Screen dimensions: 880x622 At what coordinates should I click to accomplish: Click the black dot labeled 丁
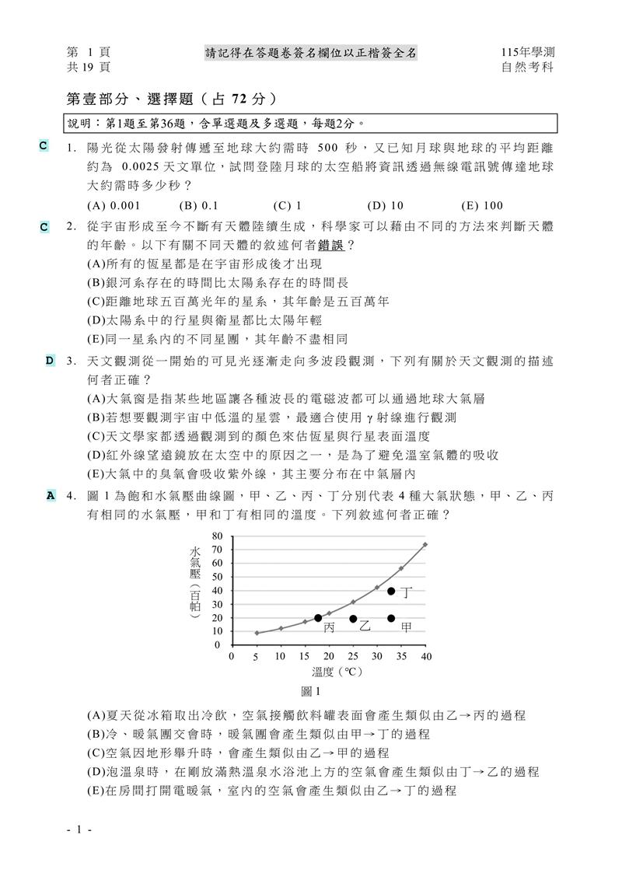(x=391, y=592)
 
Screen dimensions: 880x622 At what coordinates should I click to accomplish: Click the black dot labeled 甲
(x=391, y=619)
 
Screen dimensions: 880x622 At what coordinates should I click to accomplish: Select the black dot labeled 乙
(x=353, y=619)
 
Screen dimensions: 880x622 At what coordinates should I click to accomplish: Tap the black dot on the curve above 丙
(x=318, y=618)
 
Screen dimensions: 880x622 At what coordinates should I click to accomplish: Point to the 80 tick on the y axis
(x=217, y=536)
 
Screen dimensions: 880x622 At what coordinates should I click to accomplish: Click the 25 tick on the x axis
(x=353, y=657)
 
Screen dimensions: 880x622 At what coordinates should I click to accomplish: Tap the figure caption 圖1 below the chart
(x=312, y=691)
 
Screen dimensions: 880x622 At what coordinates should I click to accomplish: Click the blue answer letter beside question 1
(x=44, y=145)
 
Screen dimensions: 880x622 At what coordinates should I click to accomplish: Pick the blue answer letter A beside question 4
(x=51, y=494)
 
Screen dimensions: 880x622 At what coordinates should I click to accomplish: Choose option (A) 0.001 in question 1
(x=114, y=206)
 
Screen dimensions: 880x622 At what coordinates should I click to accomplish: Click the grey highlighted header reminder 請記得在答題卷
(x=311, y=52)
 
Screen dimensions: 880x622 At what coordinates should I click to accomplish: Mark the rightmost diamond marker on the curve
(x=425, y=545)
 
